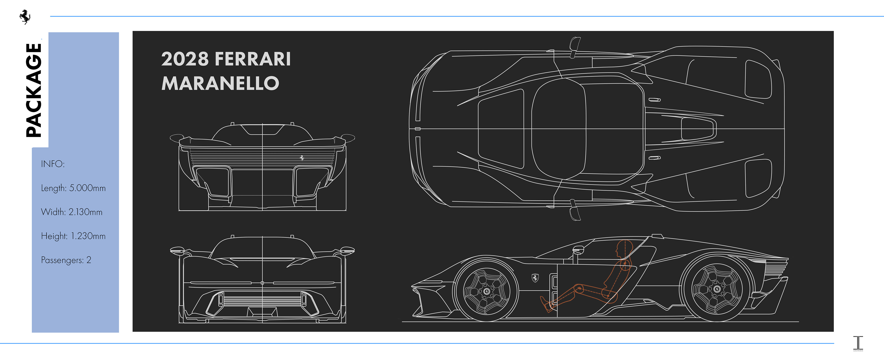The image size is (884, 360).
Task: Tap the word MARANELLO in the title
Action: point(220,83)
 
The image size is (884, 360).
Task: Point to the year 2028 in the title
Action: point(185,59)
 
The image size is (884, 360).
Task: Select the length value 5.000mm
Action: point(87,188)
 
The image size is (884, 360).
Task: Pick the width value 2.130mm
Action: point(85,212)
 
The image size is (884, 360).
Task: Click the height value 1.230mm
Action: point(88,236)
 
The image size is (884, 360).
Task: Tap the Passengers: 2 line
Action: point(66,260)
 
